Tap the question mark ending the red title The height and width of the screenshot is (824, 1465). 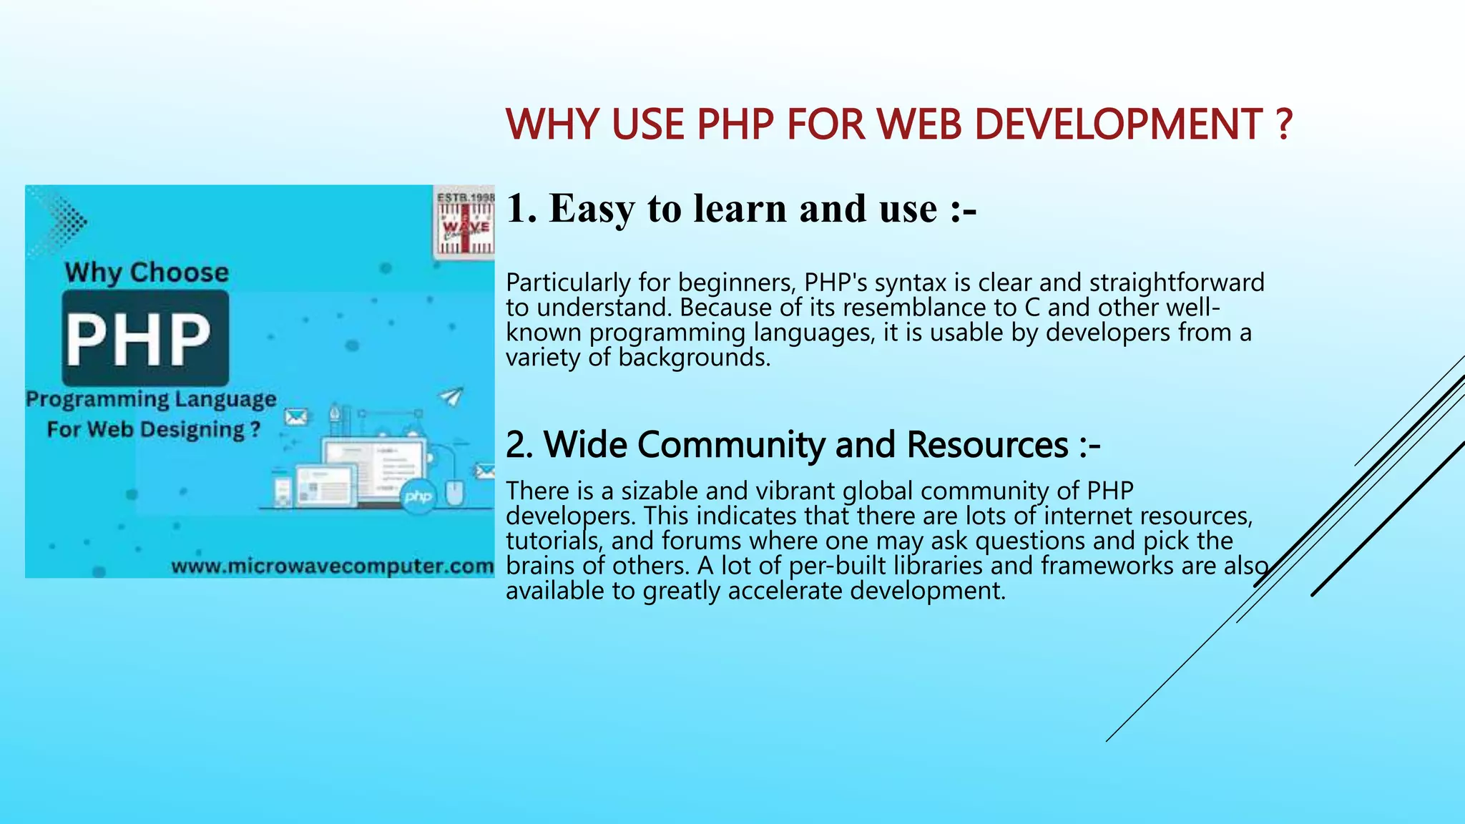pyautogui.click(x=1284, y=124)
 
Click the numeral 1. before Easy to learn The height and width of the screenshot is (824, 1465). pyautogui.click(x=521, y=209)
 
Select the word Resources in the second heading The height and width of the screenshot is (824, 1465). pyautogui.click(x=987, y=445)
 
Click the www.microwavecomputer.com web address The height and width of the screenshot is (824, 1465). pyautogui.click(x=333, y=566)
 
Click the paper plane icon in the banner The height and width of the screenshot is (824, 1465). pyautogui.click(x=451, y=396)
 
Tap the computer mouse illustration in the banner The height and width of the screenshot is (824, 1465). pyautogui.click(x=454, y=493)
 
